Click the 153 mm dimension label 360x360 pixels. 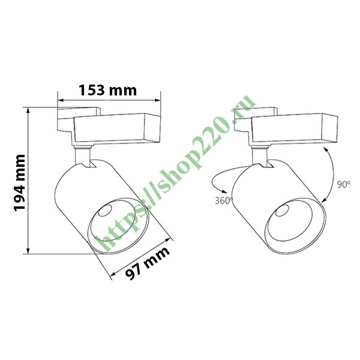click(108, 91)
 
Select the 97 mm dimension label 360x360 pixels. click(148, 265)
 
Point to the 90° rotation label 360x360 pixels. click(343, 185)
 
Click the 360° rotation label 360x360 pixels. click(223, 201)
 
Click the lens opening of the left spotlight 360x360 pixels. click(119, 223)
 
